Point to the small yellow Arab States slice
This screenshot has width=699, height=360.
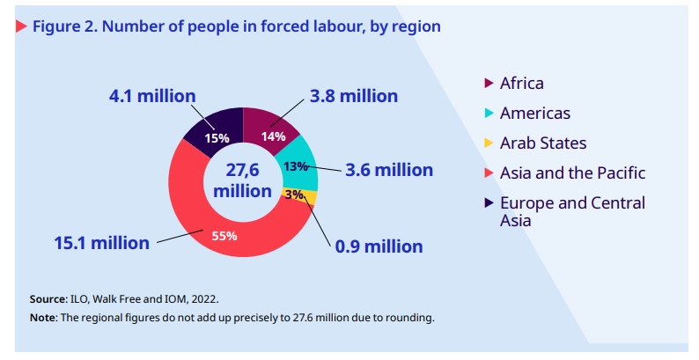307,195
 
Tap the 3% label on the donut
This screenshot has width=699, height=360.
293,195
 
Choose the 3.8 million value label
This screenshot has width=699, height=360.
353,96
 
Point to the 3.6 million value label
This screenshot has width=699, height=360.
388,170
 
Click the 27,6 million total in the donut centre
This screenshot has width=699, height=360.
242,180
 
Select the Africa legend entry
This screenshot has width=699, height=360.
521,84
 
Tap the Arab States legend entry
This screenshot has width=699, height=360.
542,143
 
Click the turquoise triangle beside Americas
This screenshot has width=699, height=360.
489,114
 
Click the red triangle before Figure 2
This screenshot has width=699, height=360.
21,26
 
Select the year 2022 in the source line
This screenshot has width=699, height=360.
203,298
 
